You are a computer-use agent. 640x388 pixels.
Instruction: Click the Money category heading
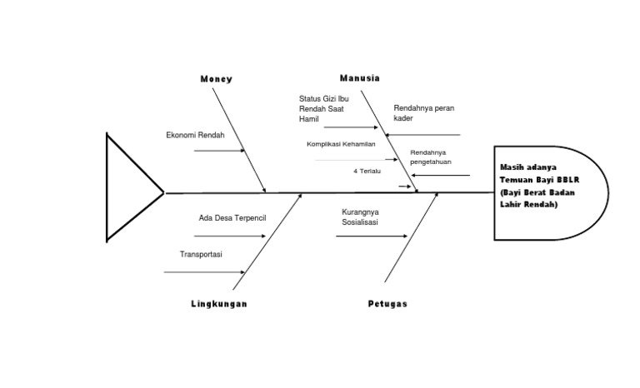pyautogui.click(x=216, y=79)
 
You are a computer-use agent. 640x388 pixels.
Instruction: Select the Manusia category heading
pyautogui.click(x=360, y=77)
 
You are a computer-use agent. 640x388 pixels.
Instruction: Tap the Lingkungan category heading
pyautogui.click(x=218, y=304)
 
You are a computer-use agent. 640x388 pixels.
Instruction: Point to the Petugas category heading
pyautogui.click(x=387, y=304)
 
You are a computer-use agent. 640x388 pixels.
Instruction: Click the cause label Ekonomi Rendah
pyautogui.click(x=190, y=135)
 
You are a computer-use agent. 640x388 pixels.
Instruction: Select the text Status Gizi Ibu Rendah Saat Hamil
pyautogui.click(x=325, y=109)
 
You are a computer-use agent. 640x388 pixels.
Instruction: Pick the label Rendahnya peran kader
pyautogui.click(x=423, y=113)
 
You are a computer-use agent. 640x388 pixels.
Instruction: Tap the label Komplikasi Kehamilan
pyautogui.click(x=341, y=144)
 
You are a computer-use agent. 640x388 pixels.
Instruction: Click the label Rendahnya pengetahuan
pyautogui.click(x=429, y=157)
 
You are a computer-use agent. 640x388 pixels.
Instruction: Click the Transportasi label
pyautogui.click(x=201, y=255)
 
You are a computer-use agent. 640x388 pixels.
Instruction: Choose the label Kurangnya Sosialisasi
pyautogui.click(x=359, y=217)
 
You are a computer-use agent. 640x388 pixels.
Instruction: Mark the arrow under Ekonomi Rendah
pyautogui.click(x=219, y=151)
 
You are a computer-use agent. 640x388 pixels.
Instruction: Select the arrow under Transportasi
pyautogui.click(x=204, y=271)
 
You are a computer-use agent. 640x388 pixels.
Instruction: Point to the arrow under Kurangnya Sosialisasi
pyautogui.click(x=367, y=236)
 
